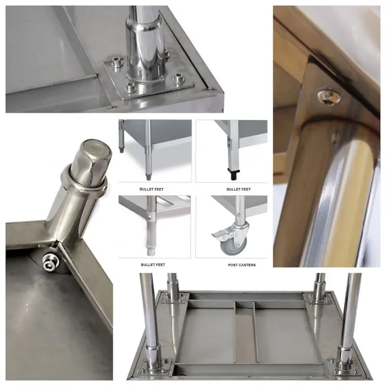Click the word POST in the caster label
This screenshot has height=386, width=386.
233,265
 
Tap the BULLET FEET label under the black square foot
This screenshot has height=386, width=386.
238,189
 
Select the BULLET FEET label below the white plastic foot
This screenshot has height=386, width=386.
153,265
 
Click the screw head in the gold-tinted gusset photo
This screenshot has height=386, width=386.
330,98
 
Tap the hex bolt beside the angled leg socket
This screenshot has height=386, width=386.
50,262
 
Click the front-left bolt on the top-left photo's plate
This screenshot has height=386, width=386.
130,87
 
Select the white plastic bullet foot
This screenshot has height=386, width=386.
151,249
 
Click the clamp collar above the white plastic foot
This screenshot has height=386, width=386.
150,218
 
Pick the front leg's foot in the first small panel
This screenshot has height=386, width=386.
148,177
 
